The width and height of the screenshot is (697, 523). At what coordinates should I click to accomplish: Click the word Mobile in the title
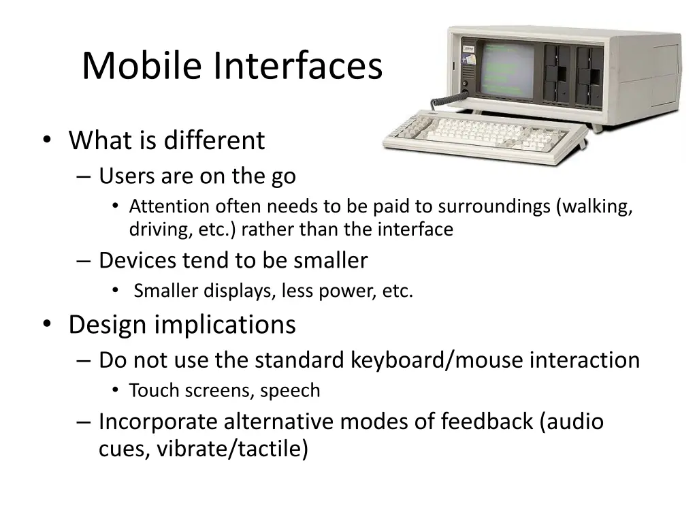142,65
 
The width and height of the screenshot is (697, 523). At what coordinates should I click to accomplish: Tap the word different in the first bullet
214,140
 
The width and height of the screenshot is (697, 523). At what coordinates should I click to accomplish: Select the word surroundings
494,207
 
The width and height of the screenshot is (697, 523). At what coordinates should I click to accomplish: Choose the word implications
225,325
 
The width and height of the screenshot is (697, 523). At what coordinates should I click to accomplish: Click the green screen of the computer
507,70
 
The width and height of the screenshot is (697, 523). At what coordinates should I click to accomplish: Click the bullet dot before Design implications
47,324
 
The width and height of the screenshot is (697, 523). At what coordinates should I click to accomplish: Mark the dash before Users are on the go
84,177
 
